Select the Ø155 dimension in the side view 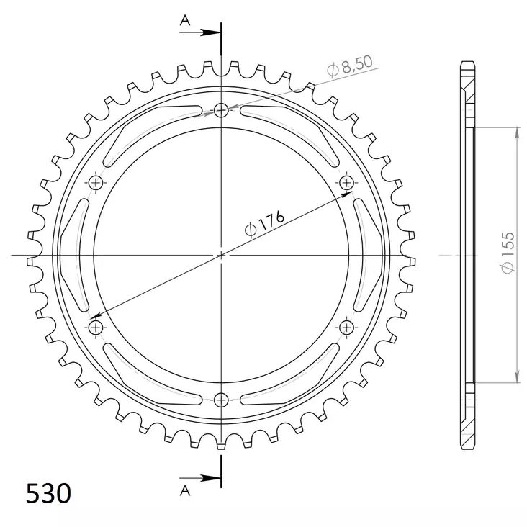click(508, 256)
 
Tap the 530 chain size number click(48, 494)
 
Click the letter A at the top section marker click(185, 22)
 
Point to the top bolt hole click(221, 110)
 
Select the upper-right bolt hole click(346, 182)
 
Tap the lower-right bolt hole click(346, 328)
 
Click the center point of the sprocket click(221, 255)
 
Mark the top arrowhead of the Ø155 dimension click(516, 132)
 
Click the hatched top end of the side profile click(467, 90)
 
